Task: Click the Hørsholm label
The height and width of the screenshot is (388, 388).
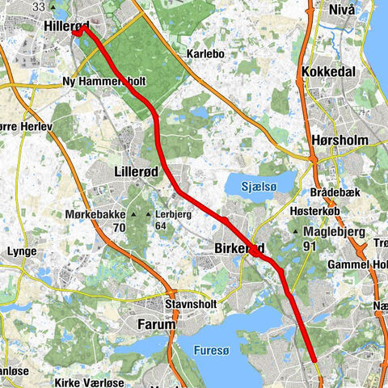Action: [x=339, y=140]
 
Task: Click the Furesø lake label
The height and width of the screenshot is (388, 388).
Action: [x=219, y=350]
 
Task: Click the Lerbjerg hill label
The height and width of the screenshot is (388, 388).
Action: [x=174, y=214]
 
